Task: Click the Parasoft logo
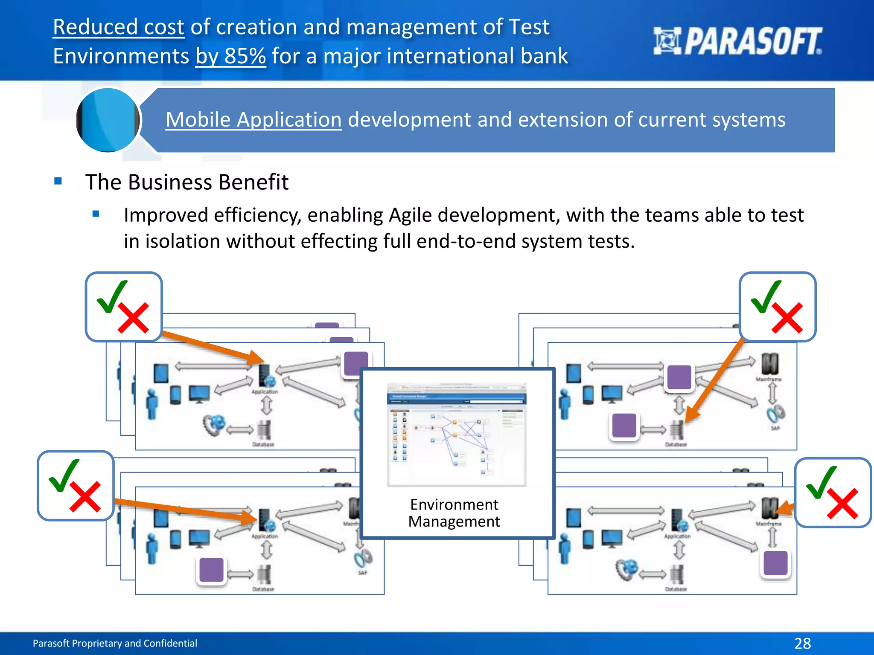[x=737, y=41]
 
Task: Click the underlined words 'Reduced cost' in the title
[x=119, y=27]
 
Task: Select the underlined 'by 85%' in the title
[x=230, y=56]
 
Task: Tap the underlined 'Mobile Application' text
[x=253, y=120]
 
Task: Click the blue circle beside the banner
[x=108, y=120]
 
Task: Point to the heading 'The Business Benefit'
[x=187, y=182]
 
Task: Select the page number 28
[x=802, y=643]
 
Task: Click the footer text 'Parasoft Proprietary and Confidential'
[x=115, y=643]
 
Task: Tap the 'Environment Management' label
[x=454, y=513]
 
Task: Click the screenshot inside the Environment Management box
[x=457, y=434]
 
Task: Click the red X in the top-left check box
[x=134, y=318]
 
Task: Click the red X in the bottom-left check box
[x=85, y=497]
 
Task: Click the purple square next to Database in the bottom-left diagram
[x=212, y=570]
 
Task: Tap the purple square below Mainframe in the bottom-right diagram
[x=775, y=563]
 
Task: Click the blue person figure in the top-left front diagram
[x=151, y=404]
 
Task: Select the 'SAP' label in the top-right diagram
[x=775, y=428]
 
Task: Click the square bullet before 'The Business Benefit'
[x=58, y=181]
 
